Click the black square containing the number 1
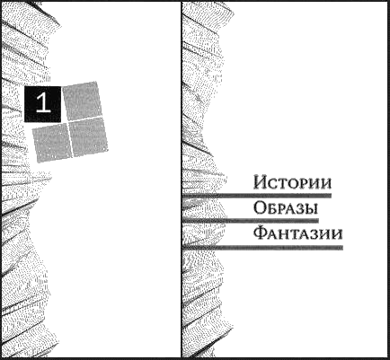click(42, 104)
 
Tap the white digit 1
click(43, 102)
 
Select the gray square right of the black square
click(82, 101)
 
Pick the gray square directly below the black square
click(52, 143)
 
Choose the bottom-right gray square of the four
click(88, 136)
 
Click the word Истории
click(292, 182)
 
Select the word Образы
click(286, 207)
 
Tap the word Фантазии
click(297, 233)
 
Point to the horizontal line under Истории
click(257, 196)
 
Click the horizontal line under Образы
click(250, 221)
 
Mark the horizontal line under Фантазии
click(262, 248)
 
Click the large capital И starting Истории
click(260, 182)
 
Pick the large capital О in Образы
click(260, 207)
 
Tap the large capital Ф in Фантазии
click(260, 233)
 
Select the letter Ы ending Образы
click(310, 209)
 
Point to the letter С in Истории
click(273, 183)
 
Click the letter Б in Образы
click(272, 209)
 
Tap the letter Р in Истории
click(304, 183)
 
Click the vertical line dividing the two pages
click(182, 180)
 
